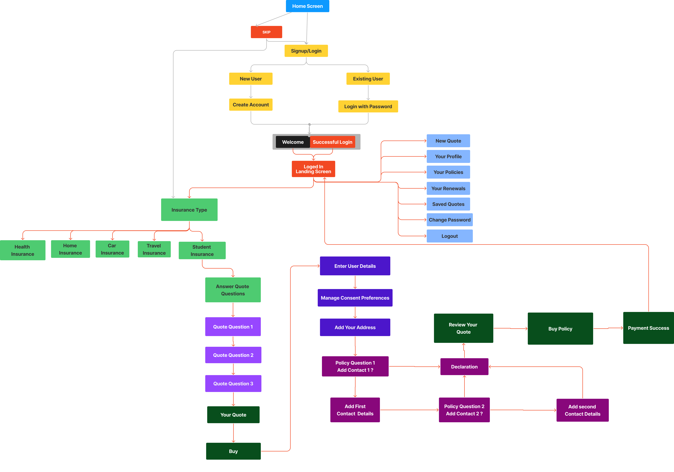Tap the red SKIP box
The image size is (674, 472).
coord(266,32)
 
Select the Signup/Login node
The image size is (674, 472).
coord(306,51)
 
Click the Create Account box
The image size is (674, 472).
coord(251,105)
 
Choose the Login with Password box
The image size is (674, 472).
coord(368,106)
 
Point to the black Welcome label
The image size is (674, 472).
coord(293,142)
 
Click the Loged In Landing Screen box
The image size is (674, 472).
coord(313,169)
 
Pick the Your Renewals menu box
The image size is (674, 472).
coord(448,188)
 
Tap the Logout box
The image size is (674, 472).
coord(449,236)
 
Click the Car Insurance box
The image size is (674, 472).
coord(112,249)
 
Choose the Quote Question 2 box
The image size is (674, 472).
coord(233,355)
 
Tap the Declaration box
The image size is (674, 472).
coord(464,367)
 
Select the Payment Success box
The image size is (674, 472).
coord(648,328)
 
